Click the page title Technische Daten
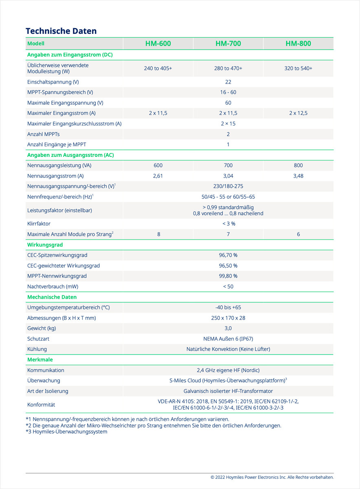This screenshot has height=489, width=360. coord(61,31)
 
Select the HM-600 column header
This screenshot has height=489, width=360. coord(158,44)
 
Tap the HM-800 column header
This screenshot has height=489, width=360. coord(298,44)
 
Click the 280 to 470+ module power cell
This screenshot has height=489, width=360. coord(228,68)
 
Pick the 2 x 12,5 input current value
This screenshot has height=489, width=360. coord(298,113)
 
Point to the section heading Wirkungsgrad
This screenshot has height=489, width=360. coord(45,245)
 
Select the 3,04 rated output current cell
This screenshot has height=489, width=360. coord(228,176)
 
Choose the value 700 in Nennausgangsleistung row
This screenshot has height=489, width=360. coord(228,165)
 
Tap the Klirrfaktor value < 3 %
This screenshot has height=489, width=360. coord(228,224)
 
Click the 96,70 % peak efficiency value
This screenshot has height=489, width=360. coord(228,255)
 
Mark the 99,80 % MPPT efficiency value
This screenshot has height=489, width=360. coord(228,276)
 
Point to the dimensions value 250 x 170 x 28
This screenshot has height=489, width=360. coord(228,318)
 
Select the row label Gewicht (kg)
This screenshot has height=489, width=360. coord(42,328)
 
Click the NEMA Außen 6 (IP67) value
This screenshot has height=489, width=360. coord(228,339)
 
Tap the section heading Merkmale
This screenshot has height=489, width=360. coord(40,360)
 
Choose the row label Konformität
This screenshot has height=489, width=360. coord(41,405)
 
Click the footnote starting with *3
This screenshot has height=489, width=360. coord(66,432)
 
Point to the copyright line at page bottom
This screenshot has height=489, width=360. coord(272,477)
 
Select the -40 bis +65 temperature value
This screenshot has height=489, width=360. coord(228,307)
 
